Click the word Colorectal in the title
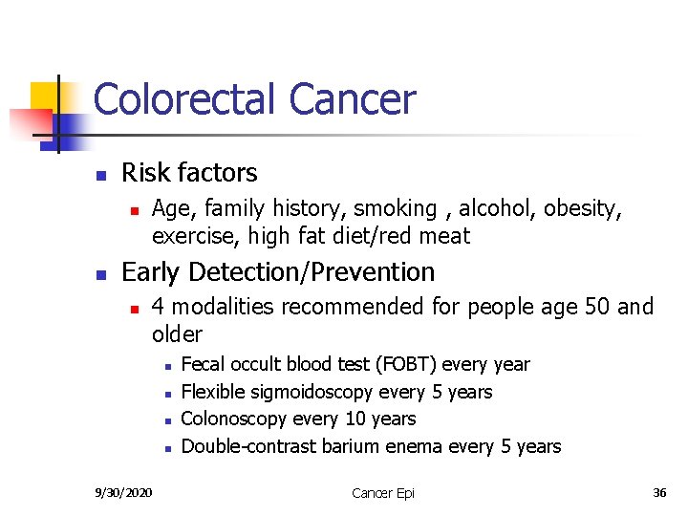click(184, 99)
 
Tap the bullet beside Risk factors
click(98, 175)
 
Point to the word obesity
click(584, 208)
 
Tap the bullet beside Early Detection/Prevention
click(98, 274)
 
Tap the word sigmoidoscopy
click(312, 392)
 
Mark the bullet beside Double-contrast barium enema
click(166, 447)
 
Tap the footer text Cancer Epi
click(383, 493)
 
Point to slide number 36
click(659, 493)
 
